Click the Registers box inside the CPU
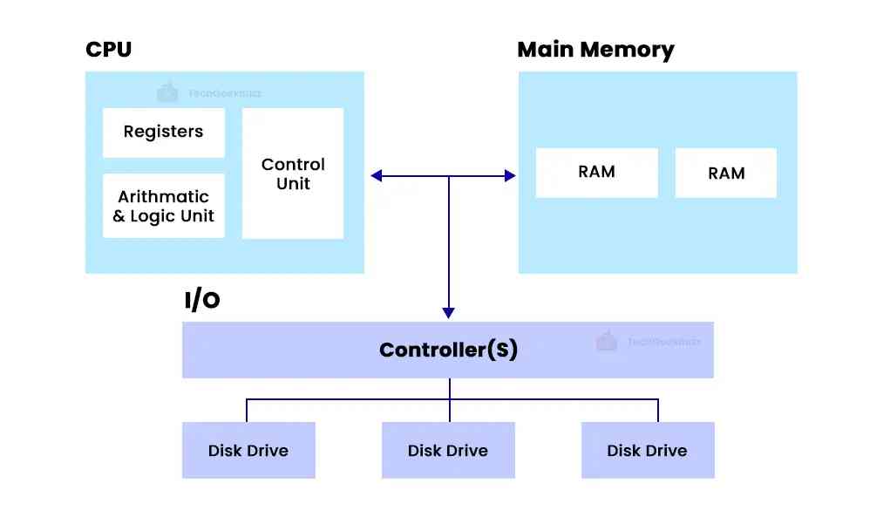point(163,133)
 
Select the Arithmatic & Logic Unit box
point(163,206)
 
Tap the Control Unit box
point(292,173)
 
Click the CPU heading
point(108,50)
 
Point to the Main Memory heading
point(595,50)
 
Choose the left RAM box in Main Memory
point(596,172)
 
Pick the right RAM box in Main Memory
point(725,173)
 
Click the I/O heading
point(201,301)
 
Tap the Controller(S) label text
point(448,350)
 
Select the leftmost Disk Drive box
point(248,451)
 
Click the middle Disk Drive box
point(447,451)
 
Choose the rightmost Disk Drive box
point(647,451)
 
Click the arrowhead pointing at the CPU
point(377,176)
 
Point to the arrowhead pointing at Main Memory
point(510,176)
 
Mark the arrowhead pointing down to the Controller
point(448,312)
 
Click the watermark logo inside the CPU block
point(166,92)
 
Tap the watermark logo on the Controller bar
point(607,342)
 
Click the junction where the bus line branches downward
point(448,176)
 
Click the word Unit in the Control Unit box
point(293,184)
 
